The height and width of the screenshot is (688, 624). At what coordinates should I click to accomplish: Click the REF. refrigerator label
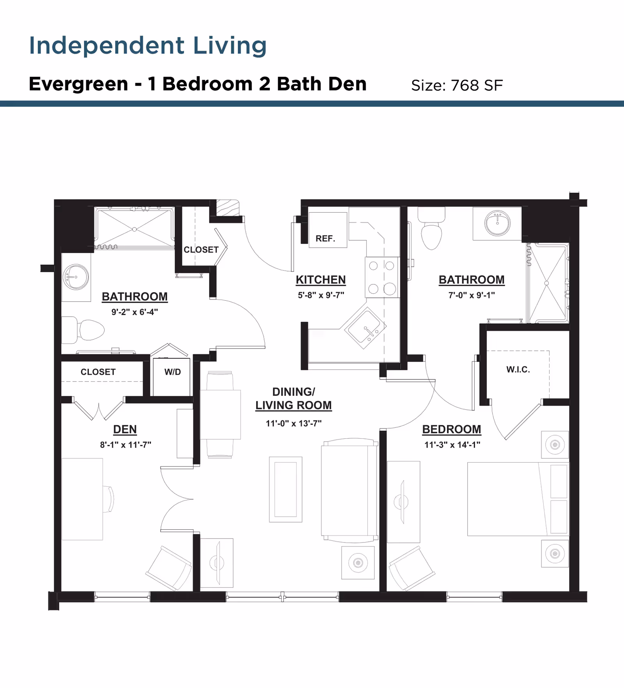[325, 238]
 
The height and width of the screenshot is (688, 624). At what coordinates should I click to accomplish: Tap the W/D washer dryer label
[172, 372]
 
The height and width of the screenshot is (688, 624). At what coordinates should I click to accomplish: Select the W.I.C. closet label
[518, 369]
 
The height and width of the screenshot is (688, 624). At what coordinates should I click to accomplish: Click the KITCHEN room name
[321, 280]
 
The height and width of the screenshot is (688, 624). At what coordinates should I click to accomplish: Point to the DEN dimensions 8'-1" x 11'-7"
[126, 445]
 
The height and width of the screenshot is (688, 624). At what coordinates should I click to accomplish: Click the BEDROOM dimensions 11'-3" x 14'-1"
[452, 445]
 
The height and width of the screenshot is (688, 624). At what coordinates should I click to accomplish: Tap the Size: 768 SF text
[457, 85]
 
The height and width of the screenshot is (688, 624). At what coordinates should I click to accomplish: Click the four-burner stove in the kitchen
[382, 277]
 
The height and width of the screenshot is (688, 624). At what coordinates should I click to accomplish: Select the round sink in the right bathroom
[497, 223]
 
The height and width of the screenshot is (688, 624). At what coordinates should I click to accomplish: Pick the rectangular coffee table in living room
[285, 489]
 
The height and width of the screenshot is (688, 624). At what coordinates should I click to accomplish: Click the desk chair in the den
[109, 499]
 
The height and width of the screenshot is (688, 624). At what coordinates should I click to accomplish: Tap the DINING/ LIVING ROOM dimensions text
[293, 423]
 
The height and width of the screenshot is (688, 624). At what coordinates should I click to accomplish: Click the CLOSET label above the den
[98, 372]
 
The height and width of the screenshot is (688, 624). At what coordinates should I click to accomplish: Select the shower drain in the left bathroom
[134, 229]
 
